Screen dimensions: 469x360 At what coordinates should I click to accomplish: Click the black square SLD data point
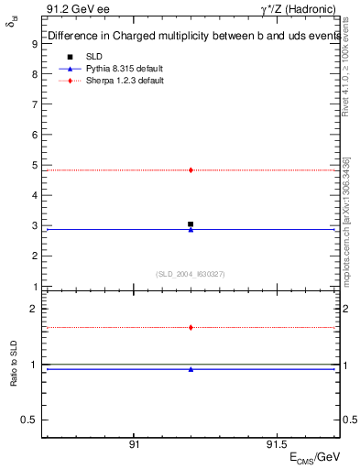[x=191, y=224]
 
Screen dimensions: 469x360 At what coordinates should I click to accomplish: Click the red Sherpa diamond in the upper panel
[x=191, y=169]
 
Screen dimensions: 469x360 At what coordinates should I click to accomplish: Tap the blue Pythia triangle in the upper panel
[x=191, y=229]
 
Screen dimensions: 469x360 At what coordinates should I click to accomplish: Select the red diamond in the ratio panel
[x=191, y=327]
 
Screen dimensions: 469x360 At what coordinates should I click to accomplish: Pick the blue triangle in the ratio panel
[x=191, y=369]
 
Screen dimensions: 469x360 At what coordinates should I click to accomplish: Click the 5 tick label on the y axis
[x=34, y=166]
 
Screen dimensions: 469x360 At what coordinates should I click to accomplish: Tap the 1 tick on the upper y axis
[x=34, y=287]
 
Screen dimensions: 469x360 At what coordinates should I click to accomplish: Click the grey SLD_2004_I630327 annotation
[x=191, y=273]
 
